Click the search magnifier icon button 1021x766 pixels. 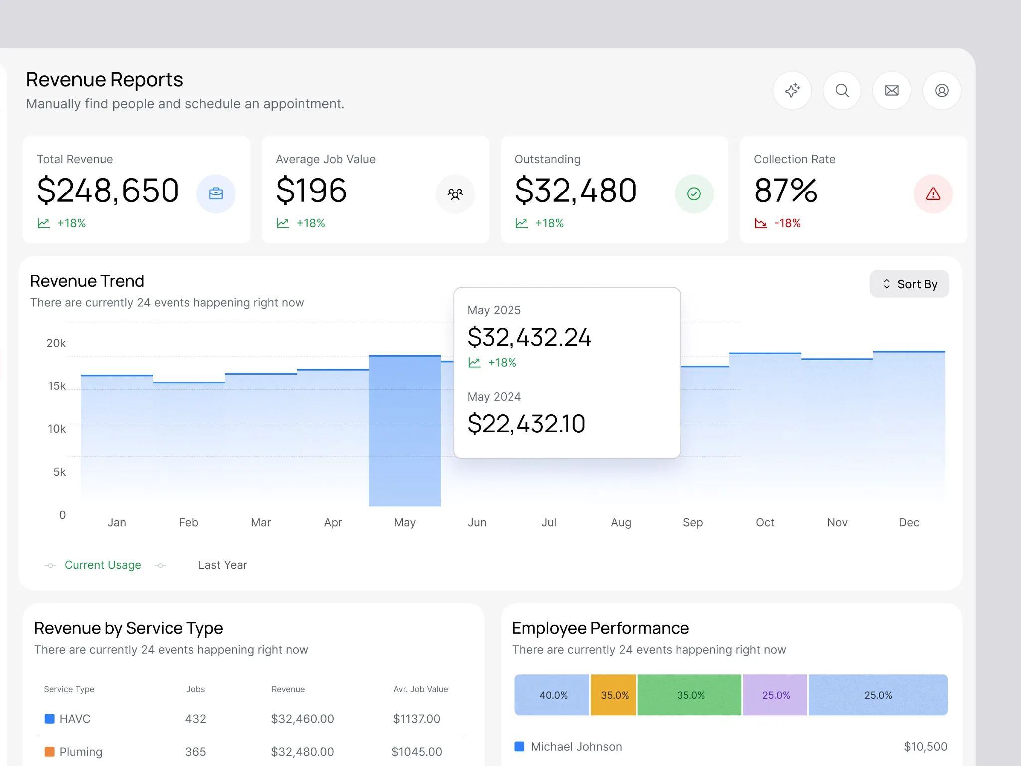pos(842,91)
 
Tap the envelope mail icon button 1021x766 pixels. pos(891,91)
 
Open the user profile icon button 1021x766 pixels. pos(941,91)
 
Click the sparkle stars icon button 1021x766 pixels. pos(792,91)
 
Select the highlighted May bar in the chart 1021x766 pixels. pos(405,431)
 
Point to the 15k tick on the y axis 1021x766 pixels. pos(57,386)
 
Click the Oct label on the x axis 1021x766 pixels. pos(765,522)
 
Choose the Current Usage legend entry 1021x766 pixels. pos(103,565)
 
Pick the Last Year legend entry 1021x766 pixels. pos(222,565)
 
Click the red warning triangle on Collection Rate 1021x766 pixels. pos(933,193)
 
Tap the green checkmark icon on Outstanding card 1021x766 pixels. pos(694,193)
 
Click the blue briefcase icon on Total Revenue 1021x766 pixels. pos(216,193)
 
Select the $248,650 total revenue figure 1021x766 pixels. pos(108,191)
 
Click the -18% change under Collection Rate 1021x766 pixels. pos(787,223)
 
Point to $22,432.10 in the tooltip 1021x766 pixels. pos(526,424)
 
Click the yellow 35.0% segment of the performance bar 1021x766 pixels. pos(614,695)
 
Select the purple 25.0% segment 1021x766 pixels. pos(775,695)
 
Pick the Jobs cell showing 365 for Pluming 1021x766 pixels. pos(195,752)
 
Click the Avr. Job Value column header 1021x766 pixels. pos(420,689)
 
